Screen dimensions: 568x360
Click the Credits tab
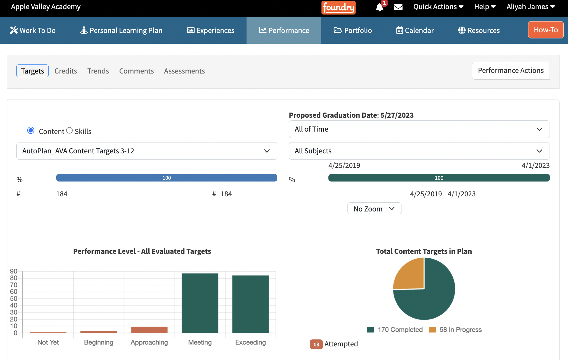point(66,71)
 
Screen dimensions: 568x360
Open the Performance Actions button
point(511,70)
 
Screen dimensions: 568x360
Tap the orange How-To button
point(546,30)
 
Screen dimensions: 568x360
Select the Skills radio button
point(69,130)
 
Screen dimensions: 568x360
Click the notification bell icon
point(380,7)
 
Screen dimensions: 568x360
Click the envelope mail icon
point(399,7)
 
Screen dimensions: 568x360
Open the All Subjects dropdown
point(419,151)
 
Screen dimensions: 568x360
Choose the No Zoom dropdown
point(374,208)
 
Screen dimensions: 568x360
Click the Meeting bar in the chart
point(200,303)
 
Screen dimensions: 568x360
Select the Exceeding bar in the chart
point(250,304)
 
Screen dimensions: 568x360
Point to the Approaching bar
point(149,330)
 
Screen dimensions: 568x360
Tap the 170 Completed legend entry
point(395,330)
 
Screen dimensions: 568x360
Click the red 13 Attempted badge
point(316,344)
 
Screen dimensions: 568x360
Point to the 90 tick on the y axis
point(14,271)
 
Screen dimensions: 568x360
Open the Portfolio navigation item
point(353,30)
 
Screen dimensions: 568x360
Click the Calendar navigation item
point(415,30)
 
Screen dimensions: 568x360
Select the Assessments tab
point(184,71)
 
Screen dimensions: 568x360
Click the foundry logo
point(338,8)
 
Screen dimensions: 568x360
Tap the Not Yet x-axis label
point(48,342)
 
